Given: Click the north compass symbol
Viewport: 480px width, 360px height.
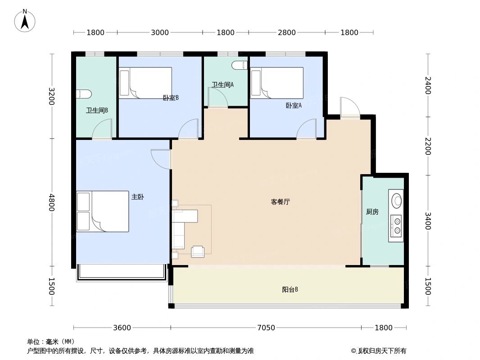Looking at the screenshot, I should [x=25, y=21].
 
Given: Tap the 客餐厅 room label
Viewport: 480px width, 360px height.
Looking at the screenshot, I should [x=280, y=202].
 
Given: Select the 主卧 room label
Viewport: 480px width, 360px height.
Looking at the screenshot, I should [x=138, y=197].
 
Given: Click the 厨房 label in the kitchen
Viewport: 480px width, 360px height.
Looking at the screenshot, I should [x=372, y=212].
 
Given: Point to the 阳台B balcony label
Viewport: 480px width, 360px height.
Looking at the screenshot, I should [x=290, y=290].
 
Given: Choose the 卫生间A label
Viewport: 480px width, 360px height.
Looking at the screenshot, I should [x=222, y=85].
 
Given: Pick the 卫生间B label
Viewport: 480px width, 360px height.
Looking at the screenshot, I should [x=97, y=110].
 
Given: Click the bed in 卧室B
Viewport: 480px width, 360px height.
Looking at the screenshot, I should [x=145, y=82].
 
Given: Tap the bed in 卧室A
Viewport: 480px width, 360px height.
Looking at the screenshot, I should [x=276, y=82].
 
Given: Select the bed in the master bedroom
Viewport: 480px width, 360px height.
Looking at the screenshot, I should [x=103, y=211].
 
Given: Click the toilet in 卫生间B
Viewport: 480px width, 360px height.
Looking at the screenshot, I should [x=84, y=94].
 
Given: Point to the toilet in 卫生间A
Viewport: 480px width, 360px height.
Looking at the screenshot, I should [x=240, y=66].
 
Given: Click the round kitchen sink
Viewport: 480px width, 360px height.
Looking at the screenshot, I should [x=397, y=200].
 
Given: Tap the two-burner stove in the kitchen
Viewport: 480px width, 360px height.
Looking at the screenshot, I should [x=397, y=226].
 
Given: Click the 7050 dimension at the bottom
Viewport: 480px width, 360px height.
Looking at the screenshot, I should [x=266, y=328].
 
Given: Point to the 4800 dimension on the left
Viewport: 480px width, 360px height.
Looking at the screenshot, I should [x=52, y=202].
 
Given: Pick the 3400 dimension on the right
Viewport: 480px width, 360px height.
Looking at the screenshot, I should [x=427, y=220].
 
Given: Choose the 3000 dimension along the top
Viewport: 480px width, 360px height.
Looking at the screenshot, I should [x=160, y=32].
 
